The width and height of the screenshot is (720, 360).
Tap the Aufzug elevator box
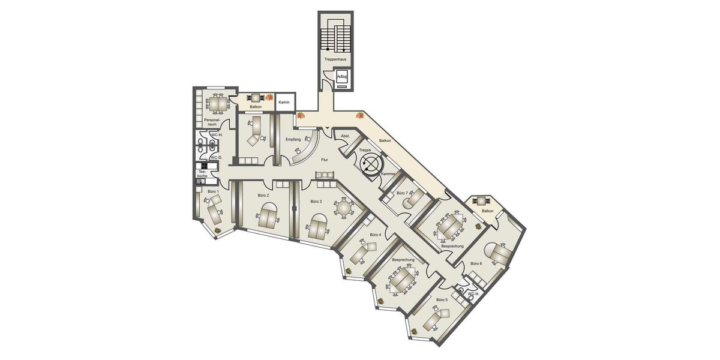[342, 78]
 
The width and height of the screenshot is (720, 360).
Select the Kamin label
[285, 103]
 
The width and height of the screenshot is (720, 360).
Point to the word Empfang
[293, 140]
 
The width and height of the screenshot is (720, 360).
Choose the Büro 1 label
[212, 191]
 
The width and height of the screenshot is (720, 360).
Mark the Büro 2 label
[263, 196]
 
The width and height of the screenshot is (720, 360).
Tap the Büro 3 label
[316, 202]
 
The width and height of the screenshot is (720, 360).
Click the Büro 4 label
[376, 235]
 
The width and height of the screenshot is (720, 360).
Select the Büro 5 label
[442, 299]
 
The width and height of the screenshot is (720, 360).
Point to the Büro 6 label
[476, 263]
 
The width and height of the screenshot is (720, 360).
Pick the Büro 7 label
[402, 193]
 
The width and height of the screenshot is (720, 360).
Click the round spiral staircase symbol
[371, 163]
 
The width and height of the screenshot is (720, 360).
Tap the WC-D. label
[216, 158]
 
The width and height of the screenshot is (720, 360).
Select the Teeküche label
[203, 175]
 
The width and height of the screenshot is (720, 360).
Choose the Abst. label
[345, 137]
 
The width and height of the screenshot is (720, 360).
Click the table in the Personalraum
[217, 104]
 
